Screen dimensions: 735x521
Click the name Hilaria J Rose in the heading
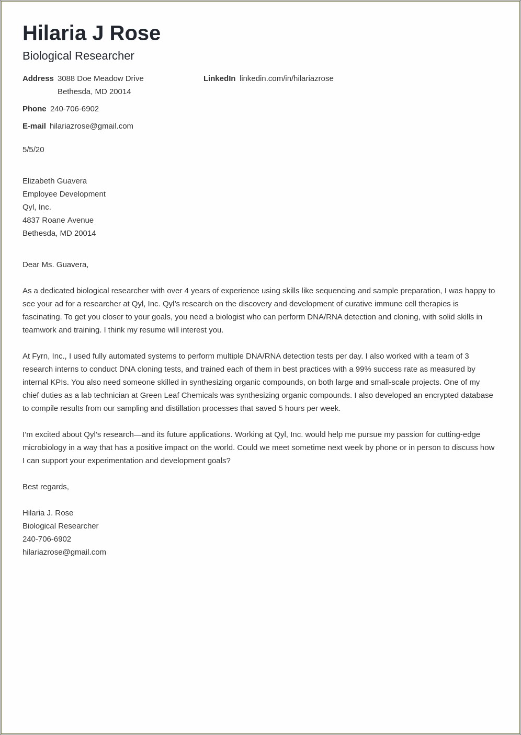coord(92,33)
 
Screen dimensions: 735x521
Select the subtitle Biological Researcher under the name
coord(78,56)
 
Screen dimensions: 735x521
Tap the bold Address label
coord(38,78)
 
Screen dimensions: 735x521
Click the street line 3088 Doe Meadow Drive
coord(100,78)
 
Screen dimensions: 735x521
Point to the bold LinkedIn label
coord(219,78)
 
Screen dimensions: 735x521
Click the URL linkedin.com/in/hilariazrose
coord(286,78)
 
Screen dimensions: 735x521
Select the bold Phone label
coord(35,109)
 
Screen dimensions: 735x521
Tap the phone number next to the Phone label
coord(74,109)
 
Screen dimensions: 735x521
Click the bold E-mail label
coord(34,126)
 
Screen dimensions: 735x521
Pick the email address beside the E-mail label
coord(92,126)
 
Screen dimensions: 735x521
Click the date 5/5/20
coord(33,150)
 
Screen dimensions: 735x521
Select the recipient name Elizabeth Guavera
coord(54,181)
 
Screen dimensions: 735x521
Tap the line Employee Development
coord(64,194)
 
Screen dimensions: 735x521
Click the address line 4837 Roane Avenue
coord(58,220)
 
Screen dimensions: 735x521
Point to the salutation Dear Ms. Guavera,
coord(55,265)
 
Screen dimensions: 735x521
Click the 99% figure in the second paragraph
coord(363,369)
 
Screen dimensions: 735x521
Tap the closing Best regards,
coord(46,487)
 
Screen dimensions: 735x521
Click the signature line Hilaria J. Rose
coord(48,513)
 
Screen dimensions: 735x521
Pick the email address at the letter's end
coord(64,552)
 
